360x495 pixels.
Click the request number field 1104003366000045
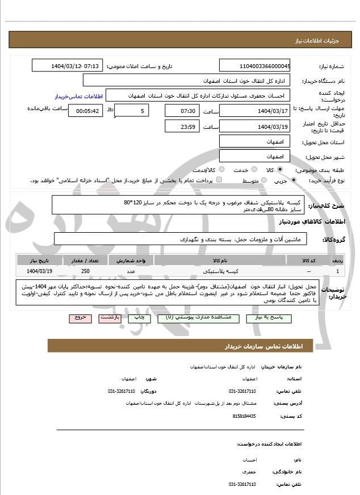(x=255, y=66)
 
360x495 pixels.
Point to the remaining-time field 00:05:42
(x=85, y=111)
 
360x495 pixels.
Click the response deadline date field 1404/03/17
(x=255, y=110)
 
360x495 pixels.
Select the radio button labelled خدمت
(x=253, y=170)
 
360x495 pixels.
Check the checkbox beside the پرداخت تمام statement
(x=219, y=180)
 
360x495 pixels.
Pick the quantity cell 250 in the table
(x=85, y=271)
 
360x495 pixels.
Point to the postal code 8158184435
(x=244, y=416)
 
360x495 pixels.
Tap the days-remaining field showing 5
(x=132, y=110)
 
